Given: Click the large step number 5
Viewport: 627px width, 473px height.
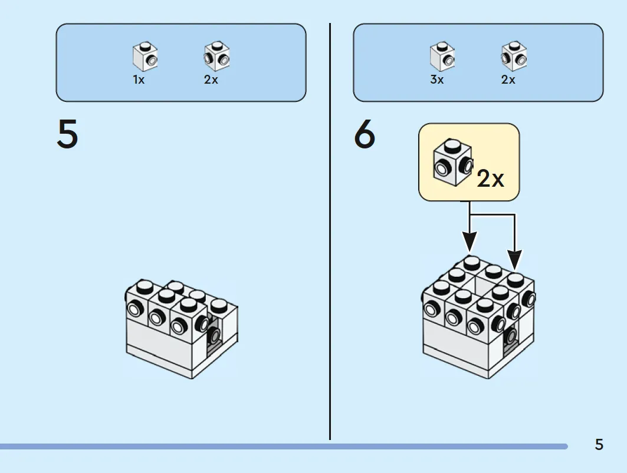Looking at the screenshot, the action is coord(67,134).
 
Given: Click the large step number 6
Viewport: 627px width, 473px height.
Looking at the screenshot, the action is coord(365,134).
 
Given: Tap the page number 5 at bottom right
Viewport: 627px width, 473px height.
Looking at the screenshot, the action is coord(599,445).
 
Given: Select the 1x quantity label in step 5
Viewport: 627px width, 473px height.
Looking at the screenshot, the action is coord(139,80).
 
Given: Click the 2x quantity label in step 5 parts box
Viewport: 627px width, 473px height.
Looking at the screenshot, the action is coord(211,80).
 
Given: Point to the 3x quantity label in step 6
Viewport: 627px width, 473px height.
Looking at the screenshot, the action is coord(436,80).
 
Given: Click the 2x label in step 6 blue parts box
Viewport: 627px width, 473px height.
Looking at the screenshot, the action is coord(508,80).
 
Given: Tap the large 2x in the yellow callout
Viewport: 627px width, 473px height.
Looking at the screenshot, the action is coord(490,178).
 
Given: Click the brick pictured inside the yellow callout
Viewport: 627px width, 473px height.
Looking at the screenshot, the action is coord(453,162).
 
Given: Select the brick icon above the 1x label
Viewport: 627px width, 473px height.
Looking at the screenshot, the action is coord(145,57).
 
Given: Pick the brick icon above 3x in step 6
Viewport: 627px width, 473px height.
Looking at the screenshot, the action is coord(442,57).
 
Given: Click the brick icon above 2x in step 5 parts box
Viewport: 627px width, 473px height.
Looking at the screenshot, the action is coord(216,57).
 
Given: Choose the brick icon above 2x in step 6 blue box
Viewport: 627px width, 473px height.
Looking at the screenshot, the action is coord(514,57).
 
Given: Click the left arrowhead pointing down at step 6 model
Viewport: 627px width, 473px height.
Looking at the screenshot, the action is coord(470,242).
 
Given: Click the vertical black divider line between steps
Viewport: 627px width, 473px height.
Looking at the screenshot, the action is coord(330,231).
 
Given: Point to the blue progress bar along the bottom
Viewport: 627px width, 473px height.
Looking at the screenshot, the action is coord(284,446).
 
